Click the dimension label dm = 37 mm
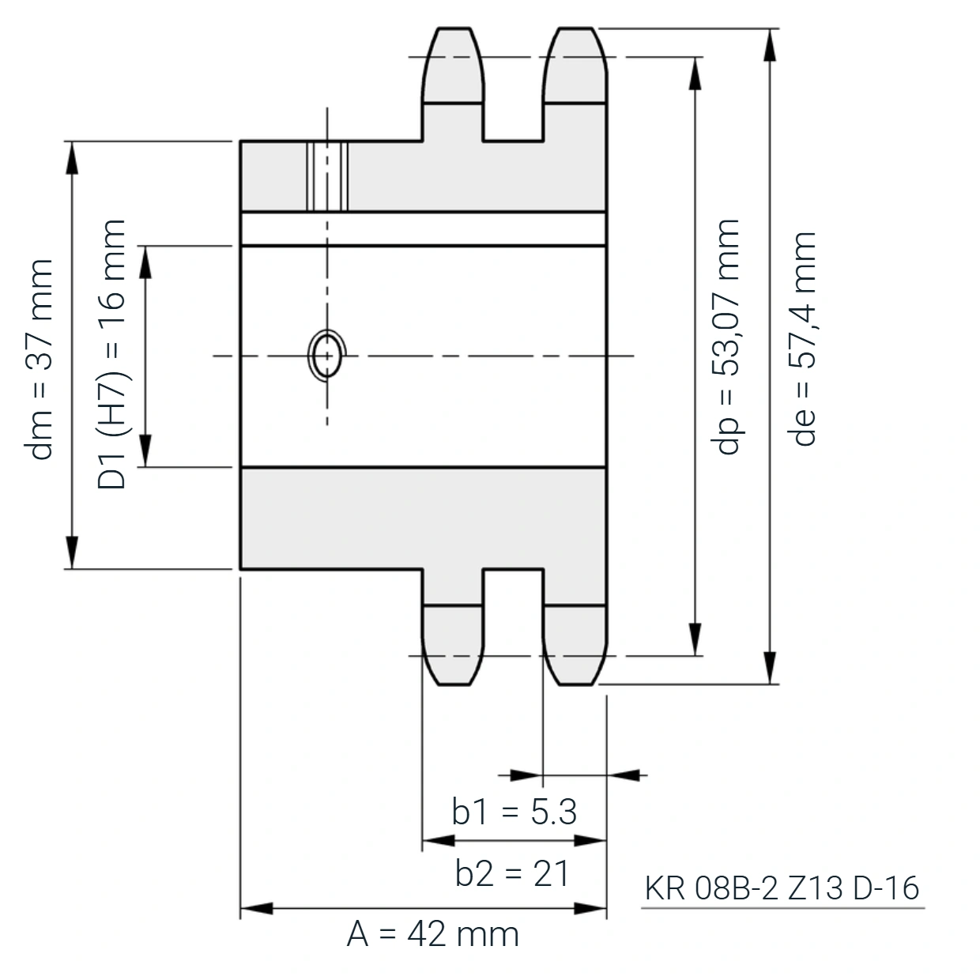(x=39, y=360)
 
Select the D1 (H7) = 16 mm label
(x=111, y=355)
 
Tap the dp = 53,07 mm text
(x=726, y=337)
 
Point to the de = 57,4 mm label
(x=802, y=339)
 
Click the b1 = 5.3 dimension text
(x=514, y=812)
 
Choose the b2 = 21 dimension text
(x=511, y=874)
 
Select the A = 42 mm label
(x=433, y=934)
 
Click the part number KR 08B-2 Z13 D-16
(x=782, y=888)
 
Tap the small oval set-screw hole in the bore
(x=327, y=356)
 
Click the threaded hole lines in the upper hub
(x=327, y=176)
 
